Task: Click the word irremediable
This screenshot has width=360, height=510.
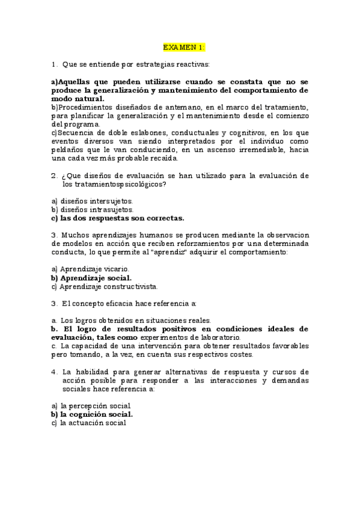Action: [255, 150]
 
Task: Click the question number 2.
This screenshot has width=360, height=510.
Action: [54, 176]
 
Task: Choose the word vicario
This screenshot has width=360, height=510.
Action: [115, 269]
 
